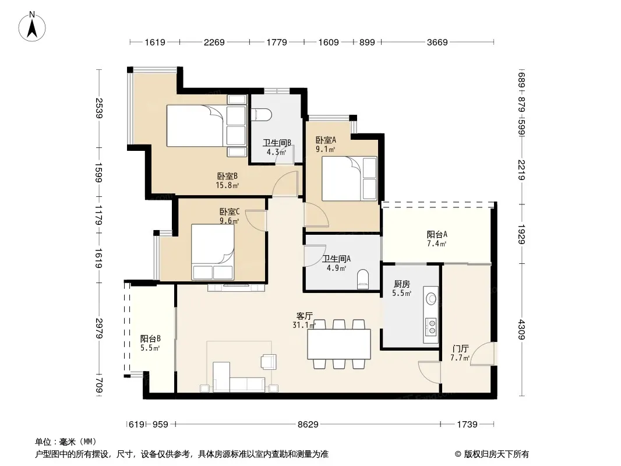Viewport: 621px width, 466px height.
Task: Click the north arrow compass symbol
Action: click(32, 26)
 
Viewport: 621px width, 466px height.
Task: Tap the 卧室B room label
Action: click(227, 176)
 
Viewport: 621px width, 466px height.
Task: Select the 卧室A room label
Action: click(326, 140)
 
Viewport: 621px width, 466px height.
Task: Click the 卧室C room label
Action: click(230, 212)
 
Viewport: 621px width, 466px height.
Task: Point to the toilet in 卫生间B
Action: click(262, 115)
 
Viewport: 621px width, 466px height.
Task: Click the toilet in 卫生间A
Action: click(363, 280)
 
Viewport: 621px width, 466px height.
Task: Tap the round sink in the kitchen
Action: click(431, 298)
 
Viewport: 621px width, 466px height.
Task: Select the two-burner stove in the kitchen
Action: click(431, 327)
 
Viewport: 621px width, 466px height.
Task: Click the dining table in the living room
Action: click(339, 344)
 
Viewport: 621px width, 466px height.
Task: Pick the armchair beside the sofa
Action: click(269, 362)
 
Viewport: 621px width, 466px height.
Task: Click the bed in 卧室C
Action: click(213, 252)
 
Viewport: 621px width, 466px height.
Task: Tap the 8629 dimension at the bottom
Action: click(308, 425)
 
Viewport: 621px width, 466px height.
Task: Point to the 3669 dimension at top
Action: click(437, 42)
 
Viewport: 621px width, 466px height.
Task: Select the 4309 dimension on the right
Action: click(521, 330)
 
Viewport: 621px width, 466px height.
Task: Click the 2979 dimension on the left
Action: click(99, 328)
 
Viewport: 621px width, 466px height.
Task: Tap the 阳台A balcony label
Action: click(437, 234)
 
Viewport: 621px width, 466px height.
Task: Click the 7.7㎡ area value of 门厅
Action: click(460, 358)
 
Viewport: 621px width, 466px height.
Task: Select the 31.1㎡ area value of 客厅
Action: click(304, 325)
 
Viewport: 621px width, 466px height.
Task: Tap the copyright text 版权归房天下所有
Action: click(496, 454)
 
